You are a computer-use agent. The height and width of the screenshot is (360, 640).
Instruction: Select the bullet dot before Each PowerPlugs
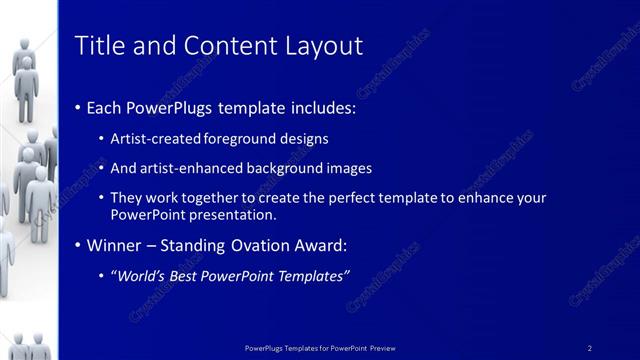pyautogui.click(x=79, y=107)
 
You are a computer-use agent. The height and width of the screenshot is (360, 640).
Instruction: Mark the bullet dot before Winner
pyautogui.click(x=79, y=244)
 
